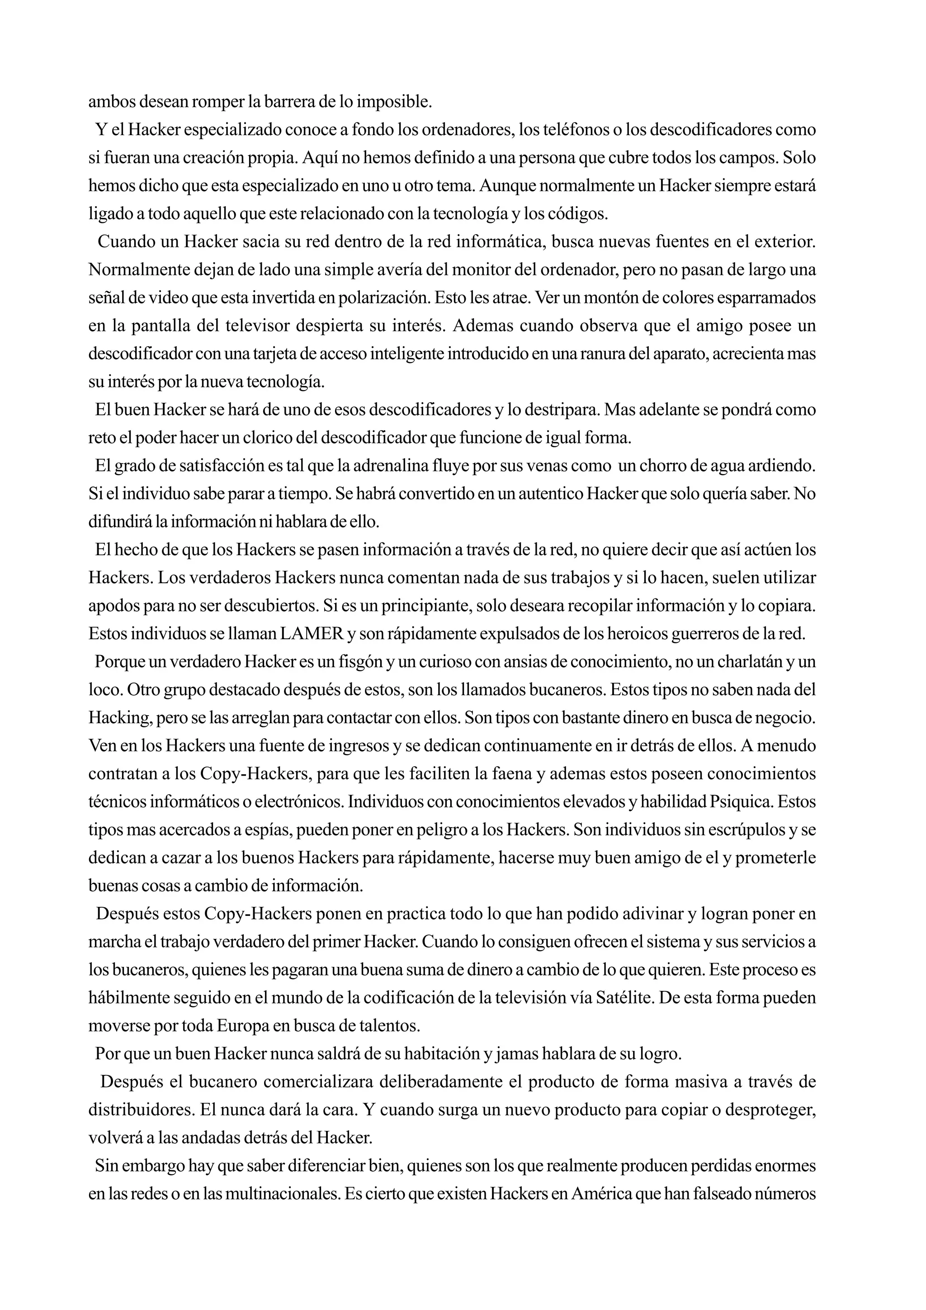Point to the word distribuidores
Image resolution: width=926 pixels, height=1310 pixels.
[x=140, y=1110]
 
